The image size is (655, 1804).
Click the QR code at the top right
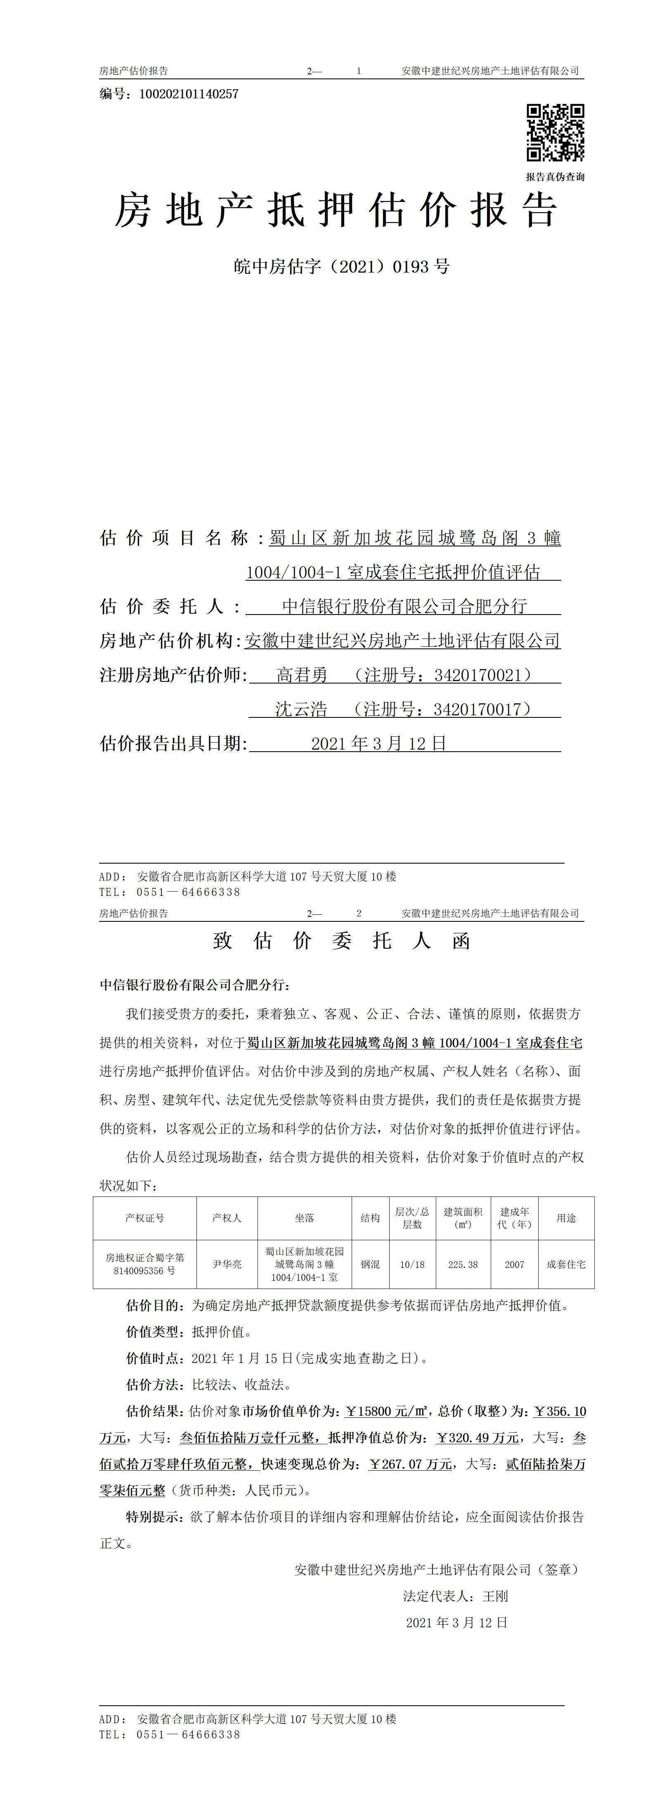[x=555, y=132]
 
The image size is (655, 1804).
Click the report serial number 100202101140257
[x=189, y=94]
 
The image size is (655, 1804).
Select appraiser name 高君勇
[x=302, y=675]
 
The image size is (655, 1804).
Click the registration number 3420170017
[x=477, y=710]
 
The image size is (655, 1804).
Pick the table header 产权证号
[x=145, y=1218]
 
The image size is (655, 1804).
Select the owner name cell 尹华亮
[x=227, y=1264]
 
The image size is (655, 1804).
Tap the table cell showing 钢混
[x=370, y=1264]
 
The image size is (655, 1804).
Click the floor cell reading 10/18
[x=412, y=1264]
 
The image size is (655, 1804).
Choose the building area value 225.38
[x=463, y=1264]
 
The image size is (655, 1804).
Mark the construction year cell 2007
[x=514, y=1264]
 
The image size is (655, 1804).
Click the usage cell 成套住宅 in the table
[x=566, y=1264]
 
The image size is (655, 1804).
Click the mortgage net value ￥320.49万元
[x=477, y=1438]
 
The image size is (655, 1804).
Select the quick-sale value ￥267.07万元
[x=410, y=1465]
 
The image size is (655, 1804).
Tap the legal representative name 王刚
[x=495, y=1596]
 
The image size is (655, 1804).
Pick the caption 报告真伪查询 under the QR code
[x=555, y=177]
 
